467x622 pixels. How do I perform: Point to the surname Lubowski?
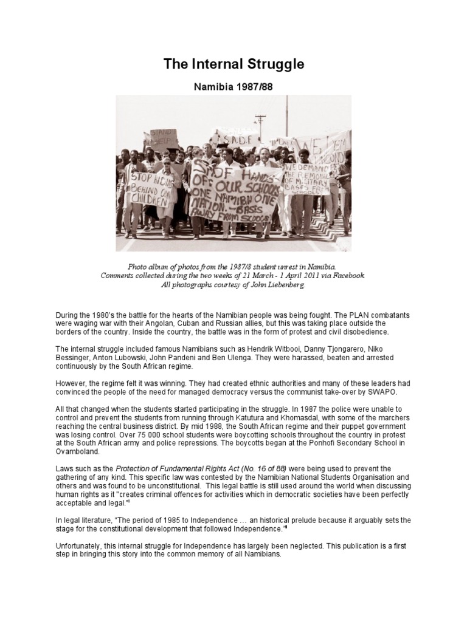click(109, 358)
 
